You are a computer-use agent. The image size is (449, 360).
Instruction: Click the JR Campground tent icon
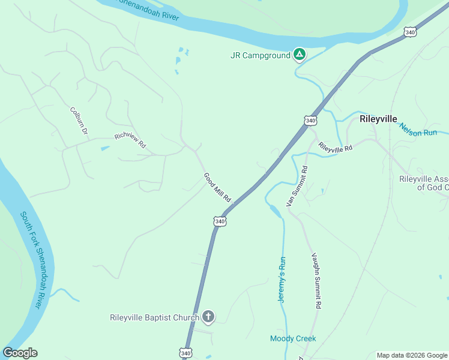(300, 55)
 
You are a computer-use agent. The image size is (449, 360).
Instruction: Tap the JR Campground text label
(260, 55)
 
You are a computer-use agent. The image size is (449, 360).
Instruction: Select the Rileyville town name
(378, 119)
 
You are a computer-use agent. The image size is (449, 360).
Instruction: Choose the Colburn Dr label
(79, 120)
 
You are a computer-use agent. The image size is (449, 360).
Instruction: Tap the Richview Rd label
(130, 140)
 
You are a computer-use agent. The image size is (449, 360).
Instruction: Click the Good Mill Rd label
(217, 187)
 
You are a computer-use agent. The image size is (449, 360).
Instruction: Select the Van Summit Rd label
(297, 186)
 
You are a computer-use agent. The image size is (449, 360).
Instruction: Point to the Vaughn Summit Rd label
(315, 280)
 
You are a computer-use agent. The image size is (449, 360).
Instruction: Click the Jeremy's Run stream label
(281, 280)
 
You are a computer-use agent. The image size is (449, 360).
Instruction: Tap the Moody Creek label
(293, 339)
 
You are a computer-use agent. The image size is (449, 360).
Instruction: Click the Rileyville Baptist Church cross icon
(208, 316)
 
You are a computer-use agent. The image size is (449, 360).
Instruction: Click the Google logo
(20, 353)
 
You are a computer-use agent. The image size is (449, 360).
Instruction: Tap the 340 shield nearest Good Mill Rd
(220, 221)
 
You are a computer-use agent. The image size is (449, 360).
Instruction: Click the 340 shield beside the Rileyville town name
(310, 121)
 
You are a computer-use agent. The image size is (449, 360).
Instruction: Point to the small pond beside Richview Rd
(106, 148)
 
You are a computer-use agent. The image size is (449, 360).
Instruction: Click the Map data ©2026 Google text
(412, 355)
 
